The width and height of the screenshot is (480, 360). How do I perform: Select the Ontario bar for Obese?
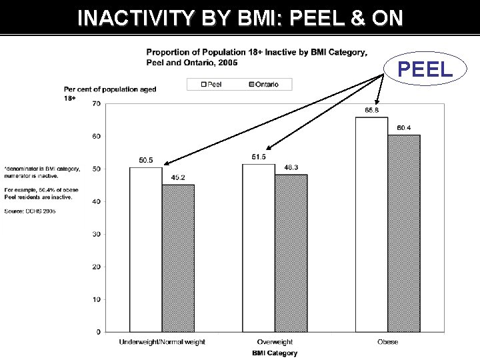pos(404,233)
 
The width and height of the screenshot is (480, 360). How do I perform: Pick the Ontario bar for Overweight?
pos(291,253)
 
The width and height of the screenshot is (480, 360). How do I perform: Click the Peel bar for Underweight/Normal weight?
pos(145,249)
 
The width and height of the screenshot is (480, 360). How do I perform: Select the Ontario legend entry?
pos(263,85)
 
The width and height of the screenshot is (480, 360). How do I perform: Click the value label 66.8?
pos(371,111)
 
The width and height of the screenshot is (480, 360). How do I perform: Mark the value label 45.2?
pos(178,178)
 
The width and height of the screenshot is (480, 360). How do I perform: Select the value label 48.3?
pos(291,168)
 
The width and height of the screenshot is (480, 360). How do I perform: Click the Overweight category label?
pos(275,342)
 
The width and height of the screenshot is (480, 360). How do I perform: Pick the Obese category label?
pos(387,342)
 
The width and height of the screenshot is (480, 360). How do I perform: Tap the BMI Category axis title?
pos(275,353)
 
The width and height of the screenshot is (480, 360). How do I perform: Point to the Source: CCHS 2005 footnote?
pos(29,211)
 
